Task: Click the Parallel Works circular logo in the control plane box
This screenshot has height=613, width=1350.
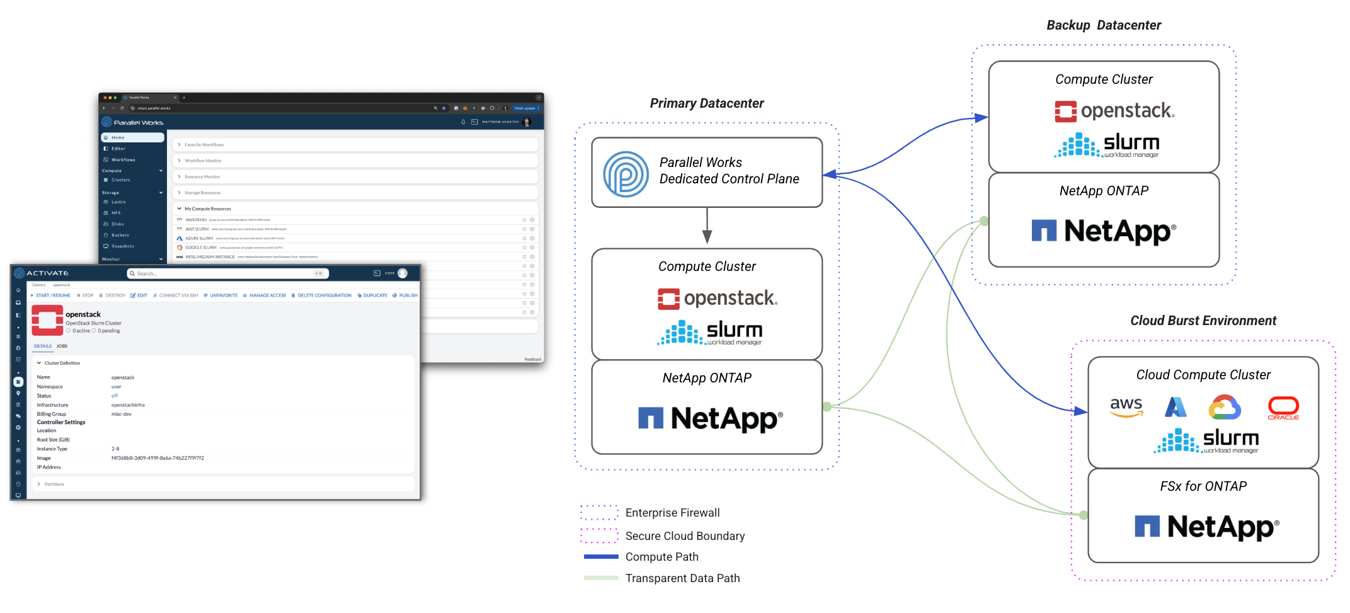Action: click(626, 174)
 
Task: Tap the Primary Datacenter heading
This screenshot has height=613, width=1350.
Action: click(706, 103)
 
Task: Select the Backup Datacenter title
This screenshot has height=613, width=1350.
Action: click(1103, 25)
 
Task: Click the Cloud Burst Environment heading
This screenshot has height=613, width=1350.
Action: click(1203, 321)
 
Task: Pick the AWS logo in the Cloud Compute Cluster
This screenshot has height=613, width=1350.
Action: click(1126, 406)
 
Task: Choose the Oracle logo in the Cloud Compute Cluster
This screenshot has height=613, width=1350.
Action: click(1283, 408)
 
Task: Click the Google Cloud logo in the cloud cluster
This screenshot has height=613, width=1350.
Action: click(1225, 408)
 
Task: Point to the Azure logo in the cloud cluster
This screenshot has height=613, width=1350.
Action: click(1176, 407)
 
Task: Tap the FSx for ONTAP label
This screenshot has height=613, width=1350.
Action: click(1203, 486)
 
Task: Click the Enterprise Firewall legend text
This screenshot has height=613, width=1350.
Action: click(672, 513)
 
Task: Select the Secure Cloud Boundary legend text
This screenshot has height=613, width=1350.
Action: click(685, 536)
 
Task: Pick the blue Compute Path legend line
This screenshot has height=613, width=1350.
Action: click(601, 557)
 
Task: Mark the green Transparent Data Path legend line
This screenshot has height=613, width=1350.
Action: click(601, 578)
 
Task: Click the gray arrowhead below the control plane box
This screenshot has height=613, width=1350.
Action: click(707, 237)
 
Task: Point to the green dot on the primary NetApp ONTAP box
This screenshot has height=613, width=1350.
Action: click(827, 407)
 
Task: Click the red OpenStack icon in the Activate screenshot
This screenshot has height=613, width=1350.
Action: click(47, 320)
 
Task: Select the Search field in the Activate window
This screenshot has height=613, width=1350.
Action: click(227, 273)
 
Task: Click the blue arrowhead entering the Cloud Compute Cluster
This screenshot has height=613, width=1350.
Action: click(1080, 411)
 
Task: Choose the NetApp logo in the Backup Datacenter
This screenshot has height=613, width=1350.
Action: click(1104, 231)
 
